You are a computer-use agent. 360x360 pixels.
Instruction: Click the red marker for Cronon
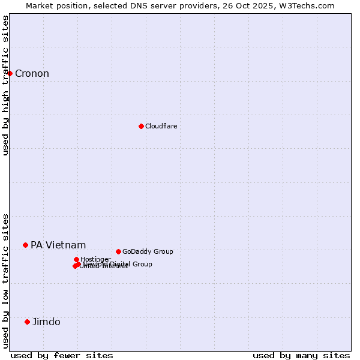[x=10, y=73]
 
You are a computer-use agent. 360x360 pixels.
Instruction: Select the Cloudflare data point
[x=141, y=126]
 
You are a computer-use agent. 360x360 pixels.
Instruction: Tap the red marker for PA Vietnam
[x=25, y=245]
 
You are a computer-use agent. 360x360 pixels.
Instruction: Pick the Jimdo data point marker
[x=27, y=322]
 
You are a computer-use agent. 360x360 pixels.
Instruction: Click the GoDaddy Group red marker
[x=118, y=251]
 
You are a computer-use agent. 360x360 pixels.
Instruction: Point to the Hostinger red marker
[x=76, y=259]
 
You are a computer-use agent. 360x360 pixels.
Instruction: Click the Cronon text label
[x=32, y=74]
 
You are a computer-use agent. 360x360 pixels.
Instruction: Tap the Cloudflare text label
[x=161, y=126]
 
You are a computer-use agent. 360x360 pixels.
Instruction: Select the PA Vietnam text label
[x=58, y=245]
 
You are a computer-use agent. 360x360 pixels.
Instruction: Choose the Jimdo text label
[x=46, y=322]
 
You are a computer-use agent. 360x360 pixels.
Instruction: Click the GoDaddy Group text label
[x=148, y=252]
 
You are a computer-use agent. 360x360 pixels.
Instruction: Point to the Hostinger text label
[x=95, y=260]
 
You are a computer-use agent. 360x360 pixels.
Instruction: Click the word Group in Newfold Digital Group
[x=142, y=264]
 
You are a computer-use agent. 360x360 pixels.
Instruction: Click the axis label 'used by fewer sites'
[x=62, y=355]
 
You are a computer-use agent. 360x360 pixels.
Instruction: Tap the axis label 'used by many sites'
[x=301, y=355]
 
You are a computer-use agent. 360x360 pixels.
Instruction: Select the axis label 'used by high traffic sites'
[x=6, y=85]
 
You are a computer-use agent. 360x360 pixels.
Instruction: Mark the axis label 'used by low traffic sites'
[x=6, y=280]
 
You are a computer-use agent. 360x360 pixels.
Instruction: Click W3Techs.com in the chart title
[x=310, y=5]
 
